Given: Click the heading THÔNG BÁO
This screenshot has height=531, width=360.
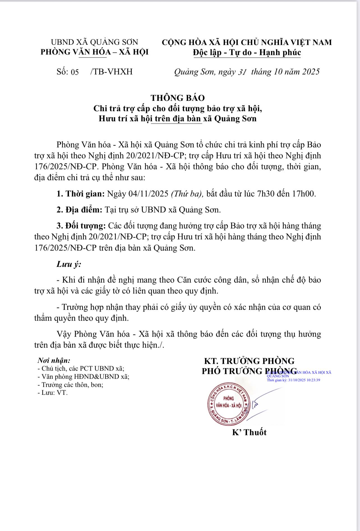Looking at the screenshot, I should tap(178, 98).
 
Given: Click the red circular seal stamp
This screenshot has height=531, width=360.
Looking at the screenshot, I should tap(229, 404).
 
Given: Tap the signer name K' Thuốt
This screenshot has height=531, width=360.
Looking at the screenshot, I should tap(249, 432).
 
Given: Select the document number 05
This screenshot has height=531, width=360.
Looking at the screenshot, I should tap(75, 72).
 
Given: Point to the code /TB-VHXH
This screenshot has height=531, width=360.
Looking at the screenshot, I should tap(111, 72).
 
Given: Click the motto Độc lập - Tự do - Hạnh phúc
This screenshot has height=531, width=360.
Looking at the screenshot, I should tap(247, 52).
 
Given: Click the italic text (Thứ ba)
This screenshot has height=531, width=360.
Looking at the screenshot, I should tap(187, 194).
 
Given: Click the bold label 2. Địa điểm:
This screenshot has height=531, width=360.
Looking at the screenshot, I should tap(79, 210).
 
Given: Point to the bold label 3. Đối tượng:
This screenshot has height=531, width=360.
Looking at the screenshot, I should tap(81, 226).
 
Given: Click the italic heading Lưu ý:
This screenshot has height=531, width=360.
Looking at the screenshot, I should tap(69, 264).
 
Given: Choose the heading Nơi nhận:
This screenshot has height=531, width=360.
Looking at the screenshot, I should tap(54, 360).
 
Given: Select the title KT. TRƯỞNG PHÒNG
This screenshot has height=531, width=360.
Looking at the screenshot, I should tap(249, 361).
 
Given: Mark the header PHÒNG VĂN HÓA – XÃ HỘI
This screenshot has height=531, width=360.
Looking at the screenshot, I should tap(94, 52).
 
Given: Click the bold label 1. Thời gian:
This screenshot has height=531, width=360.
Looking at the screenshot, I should tap(81, 194).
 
